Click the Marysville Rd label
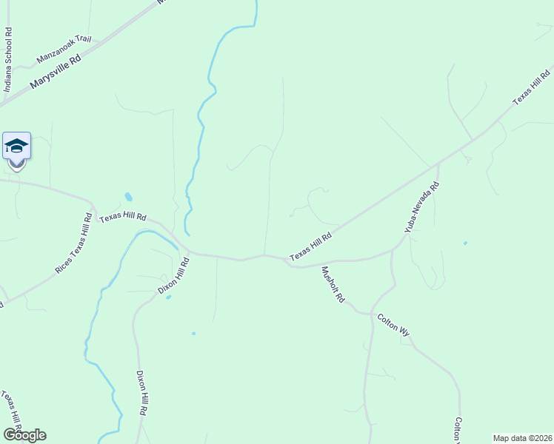[56, 72]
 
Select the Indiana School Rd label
[8, 59]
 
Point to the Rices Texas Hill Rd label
[73, 244]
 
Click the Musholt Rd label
[333, 284]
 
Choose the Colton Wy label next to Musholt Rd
[393, 326]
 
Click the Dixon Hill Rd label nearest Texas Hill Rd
[174, 275]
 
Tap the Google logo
[24, 435]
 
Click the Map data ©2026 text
[522, 438]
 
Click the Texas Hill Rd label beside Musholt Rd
[310, 245]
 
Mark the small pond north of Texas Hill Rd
[129, 198]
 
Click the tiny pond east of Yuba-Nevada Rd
[465, 243]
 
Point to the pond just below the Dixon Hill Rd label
[169, 297]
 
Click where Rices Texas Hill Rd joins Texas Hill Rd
[93, 205]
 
